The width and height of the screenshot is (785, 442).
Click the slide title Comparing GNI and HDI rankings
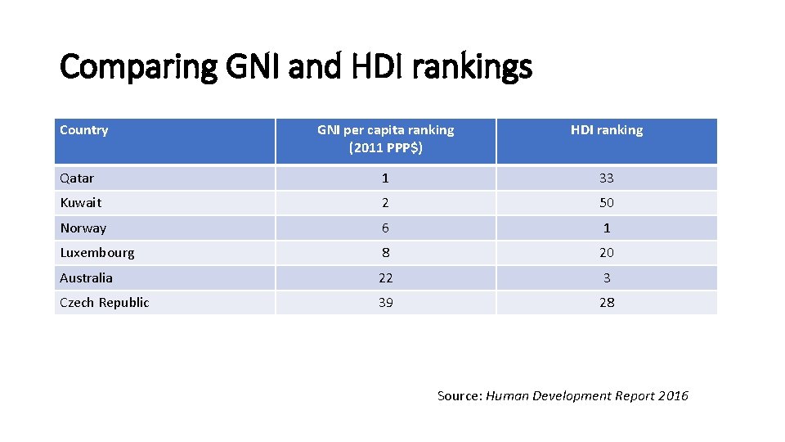(x=296, y=66)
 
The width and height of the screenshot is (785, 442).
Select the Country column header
(x=84, y=130)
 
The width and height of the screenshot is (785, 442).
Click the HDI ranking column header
(x=606, y=130)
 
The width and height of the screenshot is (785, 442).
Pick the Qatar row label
(x=77, y=178)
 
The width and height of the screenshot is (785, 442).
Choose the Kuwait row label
(x=81, y=203)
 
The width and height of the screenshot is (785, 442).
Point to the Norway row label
(x=83, y=228)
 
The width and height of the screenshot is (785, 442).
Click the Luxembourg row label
(x=97, y=253)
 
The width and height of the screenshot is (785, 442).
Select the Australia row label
(x=87, y=278)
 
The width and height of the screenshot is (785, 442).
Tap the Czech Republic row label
(x=105, y=303)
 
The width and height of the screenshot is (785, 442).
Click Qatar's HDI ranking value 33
(x=606, y=178)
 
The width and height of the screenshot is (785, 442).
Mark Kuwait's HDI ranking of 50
(x=606, y=203)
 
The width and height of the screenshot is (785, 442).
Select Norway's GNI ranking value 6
(x=385, y=228)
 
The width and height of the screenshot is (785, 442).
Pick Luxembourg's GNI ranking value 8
(x=385, y=253)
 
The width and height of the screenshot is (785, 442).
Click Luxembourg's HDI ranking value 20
(x=606, y=253)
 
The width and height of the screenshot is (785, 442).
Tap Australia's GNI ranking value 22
(x=385, y=278)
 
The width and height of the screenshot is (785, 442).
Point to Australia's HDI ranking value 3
(x=606, y=278)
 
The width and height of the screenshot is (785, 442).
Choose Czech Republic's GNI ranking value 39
(x=385, y=303)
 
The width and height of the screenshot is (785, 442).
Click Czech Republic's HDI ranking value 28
(x=606, y=303)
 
